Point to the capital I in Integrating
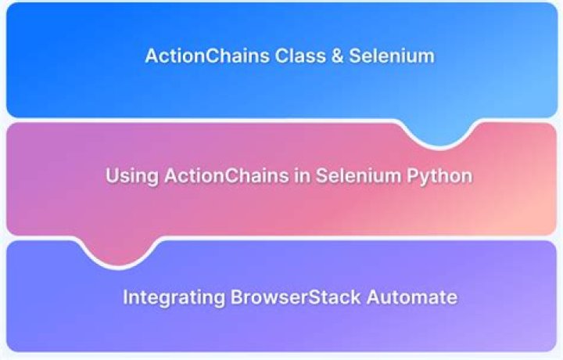click(x=126, y=298)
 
